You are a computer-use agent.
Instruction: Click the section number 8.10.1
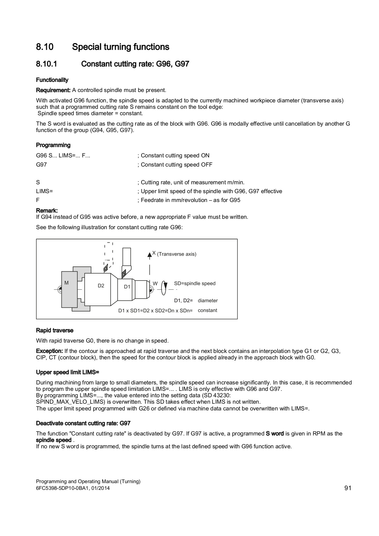click(x=46, y=64)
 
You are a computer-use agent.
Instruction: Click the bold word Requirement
click(x=53, y=90)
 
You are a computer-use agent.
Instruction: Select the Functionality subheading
click(x=52, y=80)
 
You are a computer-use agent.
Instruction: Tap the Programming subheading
click(x=53, y=145)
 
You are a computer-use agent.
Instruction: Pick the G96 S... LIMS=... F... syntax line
click(x=63, y=156)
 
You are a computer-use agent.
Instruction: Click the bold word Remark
click(x=47, y=211)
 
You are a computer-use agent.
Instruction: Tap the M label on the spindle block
click(x=66, y=283)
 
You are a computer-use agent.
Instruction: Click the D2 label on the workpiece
click(x=101, y=286)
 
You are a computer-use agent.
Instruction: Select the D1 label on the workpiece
click(x=127, y=287)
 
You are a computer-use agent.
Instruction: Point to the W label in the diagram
click(x=155, y=284)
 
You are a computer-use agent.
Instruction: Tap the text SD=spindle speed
click(x=195, y=284)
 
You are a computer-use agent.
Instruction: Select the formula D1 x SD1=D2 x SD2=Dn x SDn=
click(x=155, y=311)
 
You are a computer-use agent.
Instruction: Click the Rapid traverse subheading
click(x=55, y=330)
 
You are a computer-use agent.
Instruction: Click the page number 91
click(x=348, y=488)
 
